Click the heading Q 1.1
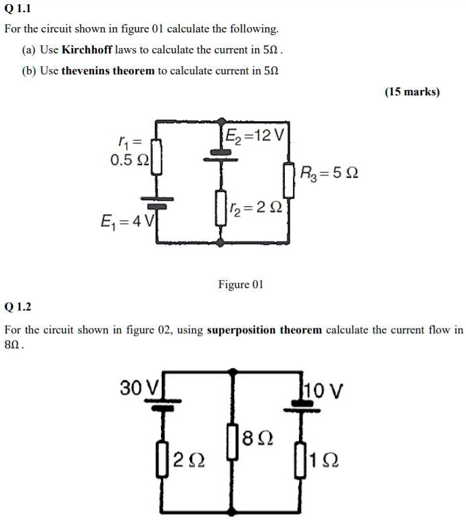18,9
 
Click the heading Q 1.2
18,306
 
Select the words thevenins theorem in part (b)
108,70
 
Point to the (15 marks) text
412,91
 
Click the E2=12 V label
255,134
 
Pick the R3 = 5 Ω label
329,173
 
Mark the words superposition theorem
264,330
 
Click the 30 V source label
138,388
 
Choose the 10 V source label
323,390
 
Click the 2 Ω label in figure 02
187,461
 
